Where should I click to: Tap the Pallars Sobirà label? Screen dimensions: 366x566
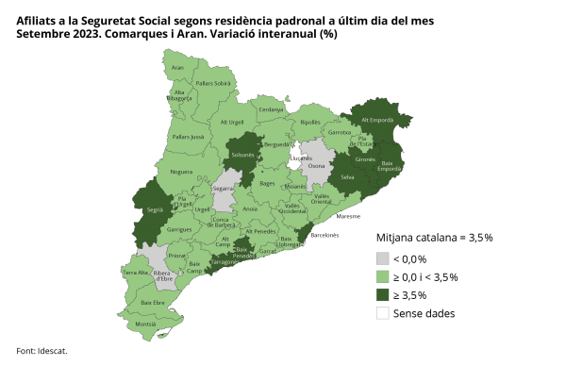[212, 84]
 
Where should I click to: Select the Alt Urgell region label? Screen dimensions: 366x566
[232, 123]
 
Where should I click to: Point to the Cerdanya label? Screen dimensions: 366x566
[271, 109]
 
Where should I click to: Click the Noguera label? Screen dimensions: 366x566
[181, 173]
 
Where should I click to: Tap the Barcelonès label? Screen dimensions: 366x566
[325, 234]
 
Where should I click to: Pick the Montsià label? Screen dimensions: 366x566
[146, 324]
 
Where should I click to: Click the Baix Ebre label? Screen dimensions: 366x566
[152, 302]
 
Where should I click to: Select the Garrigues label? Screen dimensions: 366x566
[179, 230]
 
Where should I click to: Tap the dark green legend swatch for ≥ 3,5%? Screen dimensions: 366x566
[383, 295]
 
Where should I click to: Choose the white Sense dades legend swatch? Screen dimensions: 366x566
[383, 313]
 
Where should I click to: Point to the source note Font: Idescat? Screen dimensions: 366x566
[42, 351]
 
